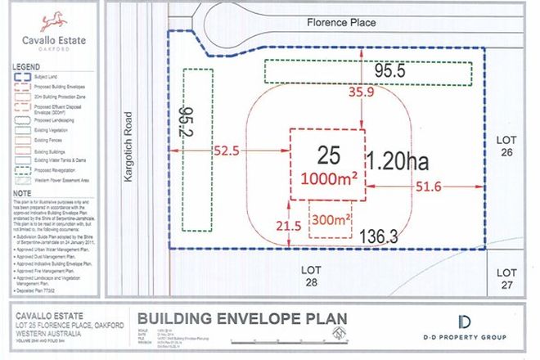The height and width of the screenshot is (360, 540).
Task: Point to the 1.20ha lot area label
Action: pos(403,159)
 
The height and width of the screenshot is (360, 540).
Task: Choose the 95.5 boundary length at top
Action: pos(390,72)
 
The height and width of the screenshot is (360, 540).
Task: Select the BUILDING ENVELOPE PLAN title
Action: pos(241,318)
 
